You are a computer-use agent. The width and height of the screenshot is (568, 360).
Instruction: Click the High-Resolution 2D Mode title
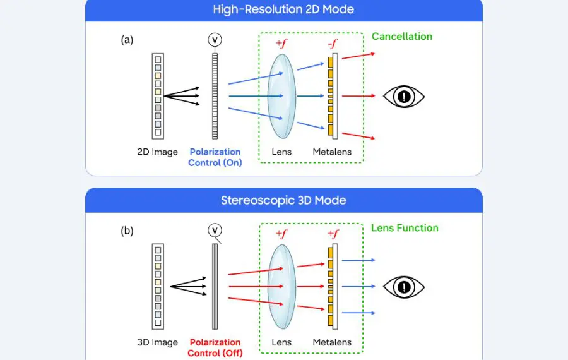284,9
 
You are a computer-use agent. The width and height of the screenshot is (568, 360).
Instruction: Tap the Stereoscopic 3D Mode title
284,201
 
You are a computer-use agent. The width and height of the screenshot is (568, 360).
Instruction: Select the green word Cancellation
402,37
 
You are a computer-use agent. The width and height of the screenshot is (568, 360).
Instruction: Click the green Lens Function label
405,228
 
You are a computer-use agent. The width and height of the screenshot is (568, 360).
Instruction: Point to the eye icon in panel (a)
404,97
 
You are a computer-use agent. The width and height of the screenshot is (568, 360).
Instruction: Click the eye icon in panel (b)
404,287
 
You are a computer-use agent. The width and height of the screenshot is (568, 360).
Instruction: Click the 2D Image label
158,152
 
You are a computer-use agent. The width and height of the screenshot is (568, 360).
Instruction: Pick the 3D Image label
158,343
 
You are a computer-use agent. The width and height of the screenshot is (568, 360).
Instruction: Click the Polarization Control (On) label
215,157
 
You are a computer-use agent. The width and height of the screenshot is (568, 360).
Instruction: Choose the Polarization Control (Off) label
215,348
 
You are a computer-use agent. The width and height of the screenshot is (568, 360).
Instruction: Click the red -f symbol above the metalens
331,44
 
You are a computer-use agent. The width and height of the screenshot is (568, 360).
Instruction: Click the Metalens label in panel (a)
332,152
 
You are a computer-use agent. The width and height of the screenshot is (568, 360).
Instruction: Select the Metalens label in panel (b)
332,343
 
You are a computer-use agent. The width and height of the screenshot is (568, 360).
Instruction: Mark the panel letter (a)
127,40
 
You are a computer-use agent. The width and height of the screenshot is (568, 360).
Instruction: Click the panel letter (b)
127,231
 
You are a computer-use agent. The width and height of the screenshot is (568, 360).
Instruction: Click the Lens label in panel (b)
281,343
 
